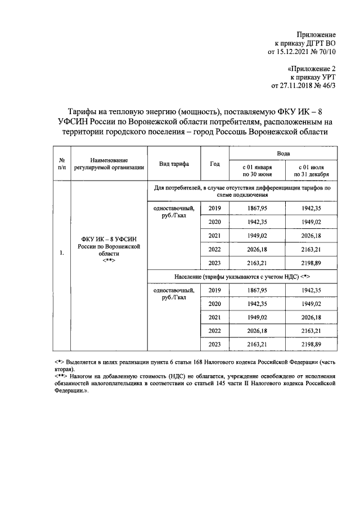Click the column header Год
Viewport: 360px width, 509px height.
214,164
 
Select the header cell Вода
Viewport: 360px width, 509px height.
283,153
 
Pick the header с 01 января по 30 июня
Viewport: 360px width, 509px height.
256,170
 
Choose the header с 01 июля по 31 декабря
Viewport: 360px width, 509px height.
311,170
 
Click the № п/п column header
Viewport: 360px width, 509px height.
61,164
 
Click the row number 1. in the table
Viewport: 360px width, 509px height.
61,253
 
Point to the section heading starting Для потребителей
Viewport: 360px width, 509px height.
242,191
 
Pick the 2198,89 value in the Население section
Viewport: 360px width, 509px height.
311,343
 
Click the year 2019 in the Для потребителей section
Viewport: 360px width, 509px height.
214,209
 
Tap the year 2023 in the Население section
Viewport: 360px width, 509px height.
214,343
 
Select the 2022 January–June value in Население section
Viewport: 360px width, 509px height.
256,330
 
